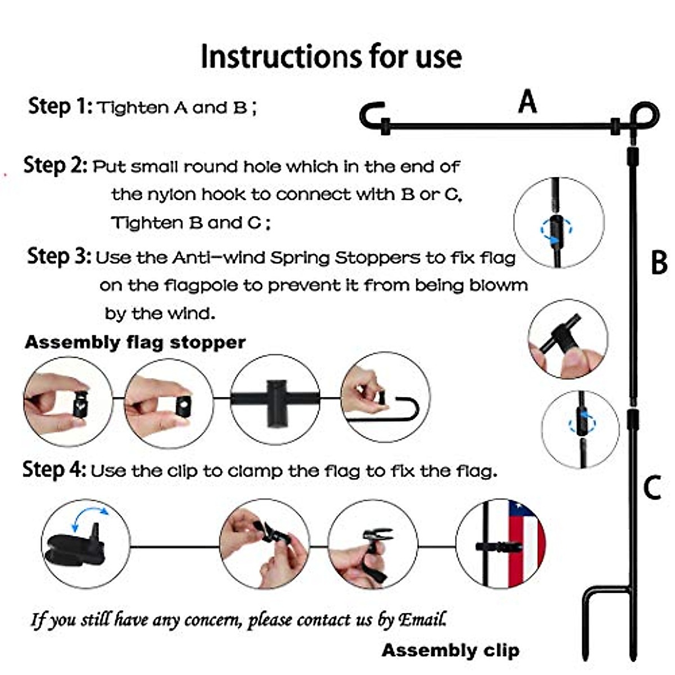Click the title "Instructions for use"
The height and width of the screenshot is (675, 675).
pos(331,57)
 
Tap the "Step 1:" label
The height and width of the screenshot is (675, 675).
pos(60,106)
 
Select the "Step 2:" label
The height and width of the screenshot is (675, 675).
pos(55,165)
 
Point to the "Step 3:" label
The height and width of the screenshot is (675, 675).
pos(59,256)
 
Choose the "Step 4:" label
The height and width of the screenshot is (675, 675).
pos(54,469)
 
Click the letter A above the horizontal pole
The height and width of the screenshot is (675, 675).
pos(527,102)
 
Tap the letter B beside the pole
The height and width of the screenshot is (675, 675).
pos(659,262)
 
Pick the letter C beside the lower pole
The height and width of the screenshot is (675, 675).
pos(652,488)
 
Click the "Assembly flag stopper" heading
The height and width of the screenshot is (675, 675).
pos(135,342)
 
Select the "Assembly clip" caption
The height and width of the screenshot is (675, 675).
pos(450,650)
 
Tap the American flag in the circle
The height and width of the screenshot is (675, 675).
pos(525,542)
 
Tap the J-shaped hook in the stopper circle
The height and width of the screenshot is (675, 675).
pos(406,408)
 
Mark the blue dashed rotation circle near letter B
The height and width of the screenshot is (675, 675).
pos(556,229)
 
